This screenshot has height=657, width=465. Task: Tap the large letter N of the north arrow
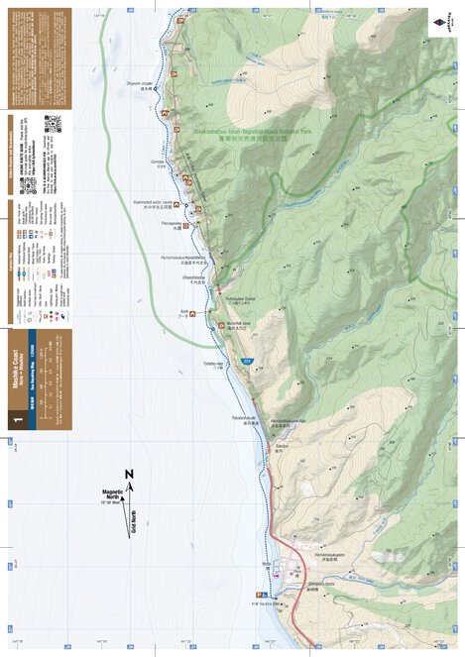tap(129, 473)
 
